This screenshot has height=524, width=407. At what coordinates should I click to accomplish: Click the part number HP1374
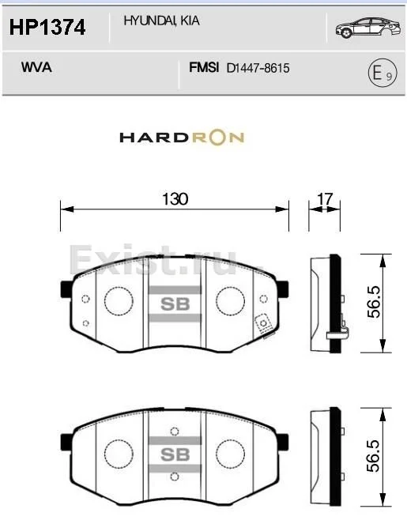(x=47, y=28)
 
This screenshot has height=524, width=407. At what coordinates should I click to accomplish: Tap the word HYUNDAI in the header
(x=150, y=21)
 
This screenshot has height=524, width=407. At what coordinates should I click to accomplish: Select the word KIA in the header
(x=190, y=21)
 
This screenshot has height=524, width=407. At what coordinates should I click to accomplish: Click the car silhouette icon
(x=368, y=28)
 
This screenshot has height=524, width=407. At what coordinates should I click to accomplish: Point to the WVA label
(x=36, y=67)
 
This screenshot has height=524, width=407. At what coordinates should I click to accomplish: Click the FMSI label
(x=204, y=67)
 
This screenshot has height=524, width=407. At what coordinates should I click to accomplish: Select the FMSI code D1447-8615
(x=258, y=68)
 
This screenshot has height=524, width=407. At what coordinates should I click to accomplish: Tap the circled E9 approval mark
(x=383, y=73)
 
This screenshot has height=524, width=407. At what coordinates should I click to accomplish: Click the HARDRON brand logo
(x=182, y=138)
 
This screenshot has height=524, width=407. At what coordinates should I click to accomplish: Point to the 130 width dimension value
(x=175, y=199)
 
